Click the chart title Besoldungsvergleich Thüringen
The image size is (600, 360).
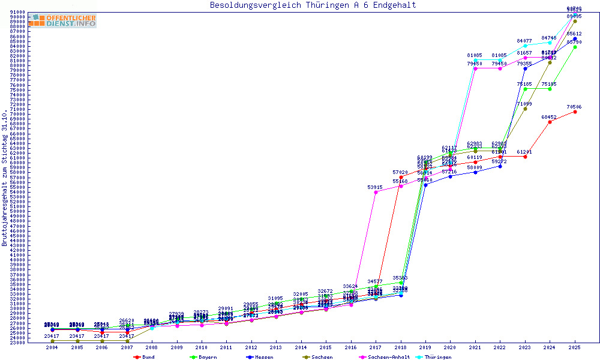coord(313,5)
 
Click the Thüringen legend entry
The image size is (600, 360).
coord(437,357)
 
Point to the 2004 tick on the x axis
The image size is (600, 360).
coord(52,348)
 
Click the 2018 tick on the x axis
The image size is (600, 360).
coord(401,348)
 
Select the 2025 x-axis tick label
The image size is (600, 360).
coord(575,348)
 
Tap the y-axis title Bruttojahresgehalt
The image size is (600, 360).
coord(5,178)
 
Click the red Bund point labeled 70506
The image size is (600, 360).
coord(575,112)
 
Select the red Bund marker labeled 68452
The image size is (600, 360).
coord(550,122)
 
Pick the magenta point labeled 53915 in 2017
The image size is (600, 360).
coord(376,192)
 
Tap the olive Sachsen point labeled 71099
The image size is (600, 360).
coord(525,109)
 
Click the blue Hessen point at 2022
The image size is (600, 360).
coord(500,166)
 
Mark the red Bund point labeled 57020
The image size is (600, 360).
coord(401,177)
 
